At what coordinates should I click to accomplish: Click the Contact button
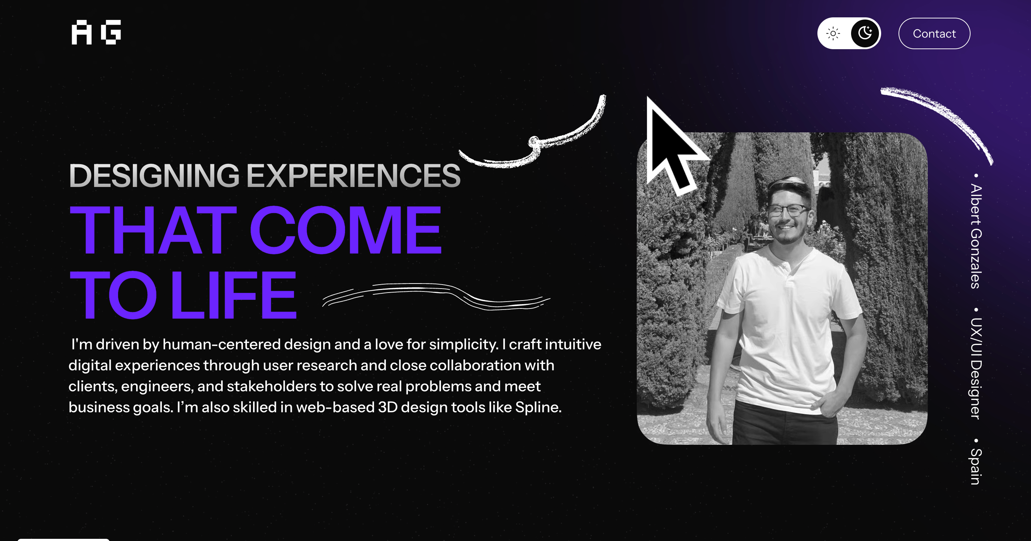pos(934,34)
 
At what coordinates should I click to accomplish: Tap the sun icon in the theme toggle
pos(833,34)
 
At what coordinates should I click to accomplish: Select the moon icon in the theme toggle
pos(865,33)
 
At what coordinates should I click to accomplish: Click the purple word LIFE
pos(234,295)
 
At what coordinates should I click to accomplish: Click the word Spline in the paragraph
pos(538,408)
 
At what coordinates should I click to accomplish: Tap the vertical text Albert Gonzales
pos(976,236)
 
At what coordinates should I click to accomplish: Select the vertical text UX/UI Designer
pos(976,369)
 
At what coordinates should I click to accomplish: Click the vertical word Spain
pos(976,467)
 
